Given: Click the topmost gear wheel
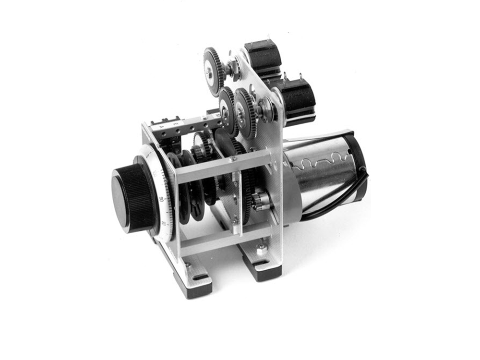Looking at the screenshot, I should pyautogui.click(x=213, y=71).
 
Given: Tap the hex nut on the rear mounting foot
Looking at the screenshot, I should pyautogui.click(x=262, y=250).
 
